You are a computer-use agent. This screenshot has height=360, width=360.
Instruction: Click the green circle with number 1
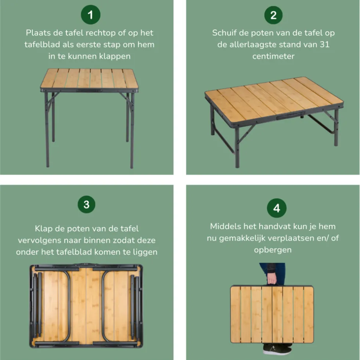pyautogui.click(x=90, y=15)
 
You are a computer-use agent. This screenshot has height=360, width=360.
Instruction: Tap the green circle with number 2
pyautogui.click(x=273, y=15)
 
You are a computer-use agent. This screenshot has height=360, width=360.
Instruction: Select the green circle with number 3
pyautogui.click(x=86, y=204)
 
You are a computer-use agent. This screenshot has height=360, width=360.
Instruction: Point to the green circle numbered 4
pyautogui.click(x=277, y=208)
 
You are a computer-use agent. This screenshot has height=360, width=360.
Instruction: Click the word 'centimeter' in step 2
pyautogui.click(x=273, y=57)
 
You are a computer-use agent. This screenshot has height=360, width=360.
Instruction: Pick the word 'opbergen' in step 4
pyautogui.click(x=273, y=250)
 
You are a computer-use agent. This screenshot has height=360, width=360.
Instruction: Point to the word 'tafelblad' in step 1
pyautogui.click(x=40, y=45)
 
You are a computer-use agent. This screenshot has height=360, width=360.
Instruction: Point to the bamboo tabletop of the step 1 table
pyautogui.click(x=89, y=78)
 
